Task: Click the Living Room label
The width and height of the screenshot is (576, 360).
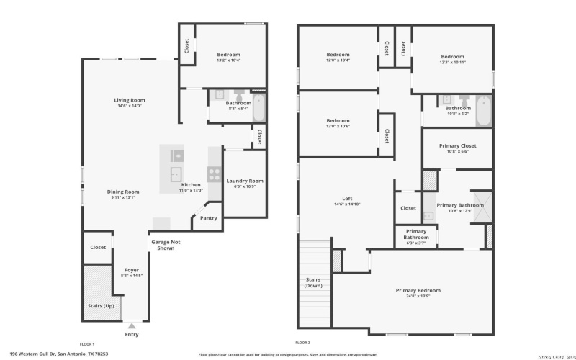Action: (130, 100)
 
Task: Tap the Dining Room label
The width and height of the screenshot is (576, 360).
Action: (123, 192)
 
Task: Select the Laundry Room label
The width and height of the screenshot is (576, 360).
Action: (245, 181)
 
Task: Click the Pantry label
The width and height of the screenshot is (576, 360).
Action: (209, 217)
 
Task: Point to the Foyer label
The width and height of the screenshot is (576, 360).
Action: (132, 270)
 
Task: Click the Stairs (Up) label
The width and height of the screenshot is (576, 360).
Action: (100, 306)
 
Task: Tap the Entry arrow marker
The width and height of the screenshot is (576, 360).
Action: (132, 325)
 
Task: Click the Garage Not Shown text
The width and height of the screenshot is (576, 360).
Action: (166, 245)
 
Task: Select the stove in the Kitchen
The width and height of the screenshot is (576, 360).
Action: (215, 173)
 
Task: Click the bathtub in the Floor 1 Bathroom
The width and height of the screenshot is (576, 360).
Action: (258, 106)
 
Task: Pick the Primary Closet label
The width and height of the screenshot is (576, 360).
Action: (458, 145)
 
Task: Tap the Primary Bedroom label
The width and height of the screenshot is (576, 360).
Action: (418, 290)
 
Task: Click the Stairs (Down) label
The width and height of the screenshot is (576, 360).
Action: (314, 282)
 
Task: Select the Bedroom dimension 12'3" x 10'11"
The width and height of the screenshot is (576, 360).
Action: (452, 63)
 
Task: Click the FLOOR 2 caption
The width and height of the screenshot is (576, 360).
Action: (302, 343)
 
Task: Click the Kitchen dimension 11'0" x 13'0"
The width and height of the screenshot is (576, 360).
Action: (192, 191)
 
